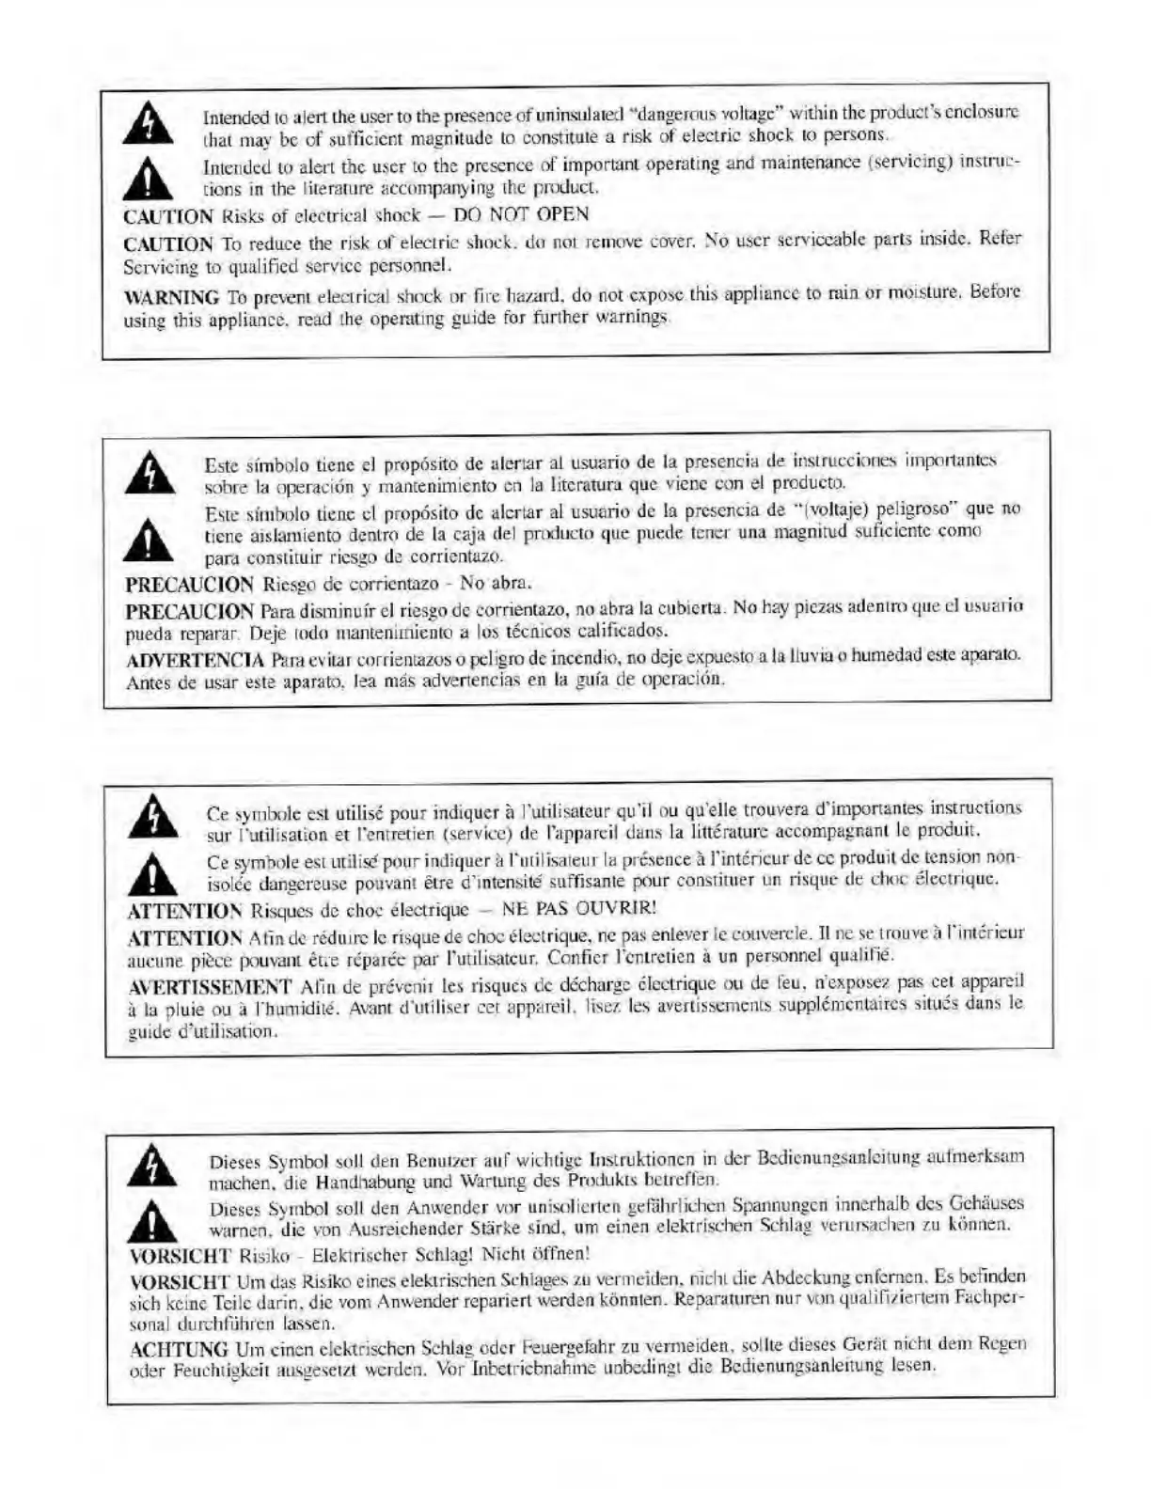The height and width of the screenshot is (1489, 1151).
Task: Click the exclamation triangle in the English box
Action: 150,178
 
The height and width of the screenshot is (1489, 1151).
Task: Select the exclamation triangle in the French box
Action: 153,874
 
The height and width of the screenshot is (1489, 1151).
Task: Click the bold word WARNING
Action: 172,298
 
